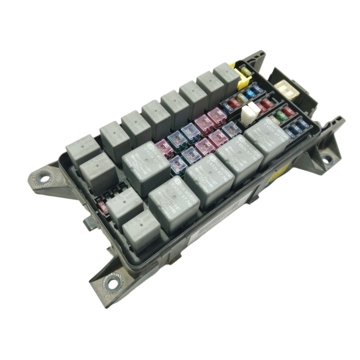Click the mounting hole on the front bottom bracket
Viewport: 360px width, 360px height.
pyautogui.click(x=111, y=283)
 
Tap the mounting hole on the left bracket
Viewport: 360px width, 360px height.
pyautogui.click(x=44, y=178)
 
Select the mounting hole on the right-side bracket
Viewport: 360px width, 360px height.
pyautogui.click(x=327, y=158)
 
